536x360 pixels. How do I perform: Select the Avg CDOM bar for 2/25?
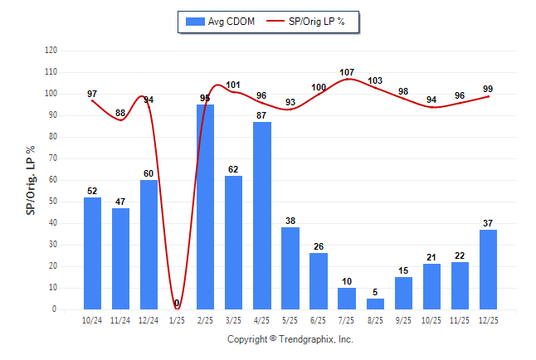205,207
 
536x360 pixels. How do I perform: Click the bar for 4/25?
261,216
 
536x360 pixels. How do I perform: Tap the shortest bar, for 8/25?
375,304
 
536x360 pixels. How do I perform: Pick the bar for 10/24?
92,253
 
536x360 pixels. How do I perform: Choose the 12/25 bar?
488,269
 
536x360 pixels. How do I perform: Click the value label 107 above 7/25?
347,72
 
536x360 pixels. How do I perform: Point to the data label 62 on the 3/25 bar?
233,169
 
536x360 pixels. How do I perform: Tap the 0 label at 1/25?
177,303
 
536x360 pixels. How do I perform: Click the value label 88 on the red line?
120,113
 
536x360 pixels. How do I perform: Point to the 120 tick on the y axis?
51,51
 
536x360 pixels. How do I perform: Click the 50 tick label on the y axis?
53,202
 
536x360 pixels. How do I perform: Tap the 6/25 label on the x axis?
319,319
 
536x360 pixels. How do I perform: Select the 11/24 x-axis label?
120,319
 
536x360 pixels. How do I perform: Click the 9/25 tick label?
403,319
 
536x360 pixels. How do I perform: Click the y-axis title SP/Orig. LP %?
31,179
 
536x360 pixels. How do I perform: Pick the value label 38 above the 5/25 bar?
290,221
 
